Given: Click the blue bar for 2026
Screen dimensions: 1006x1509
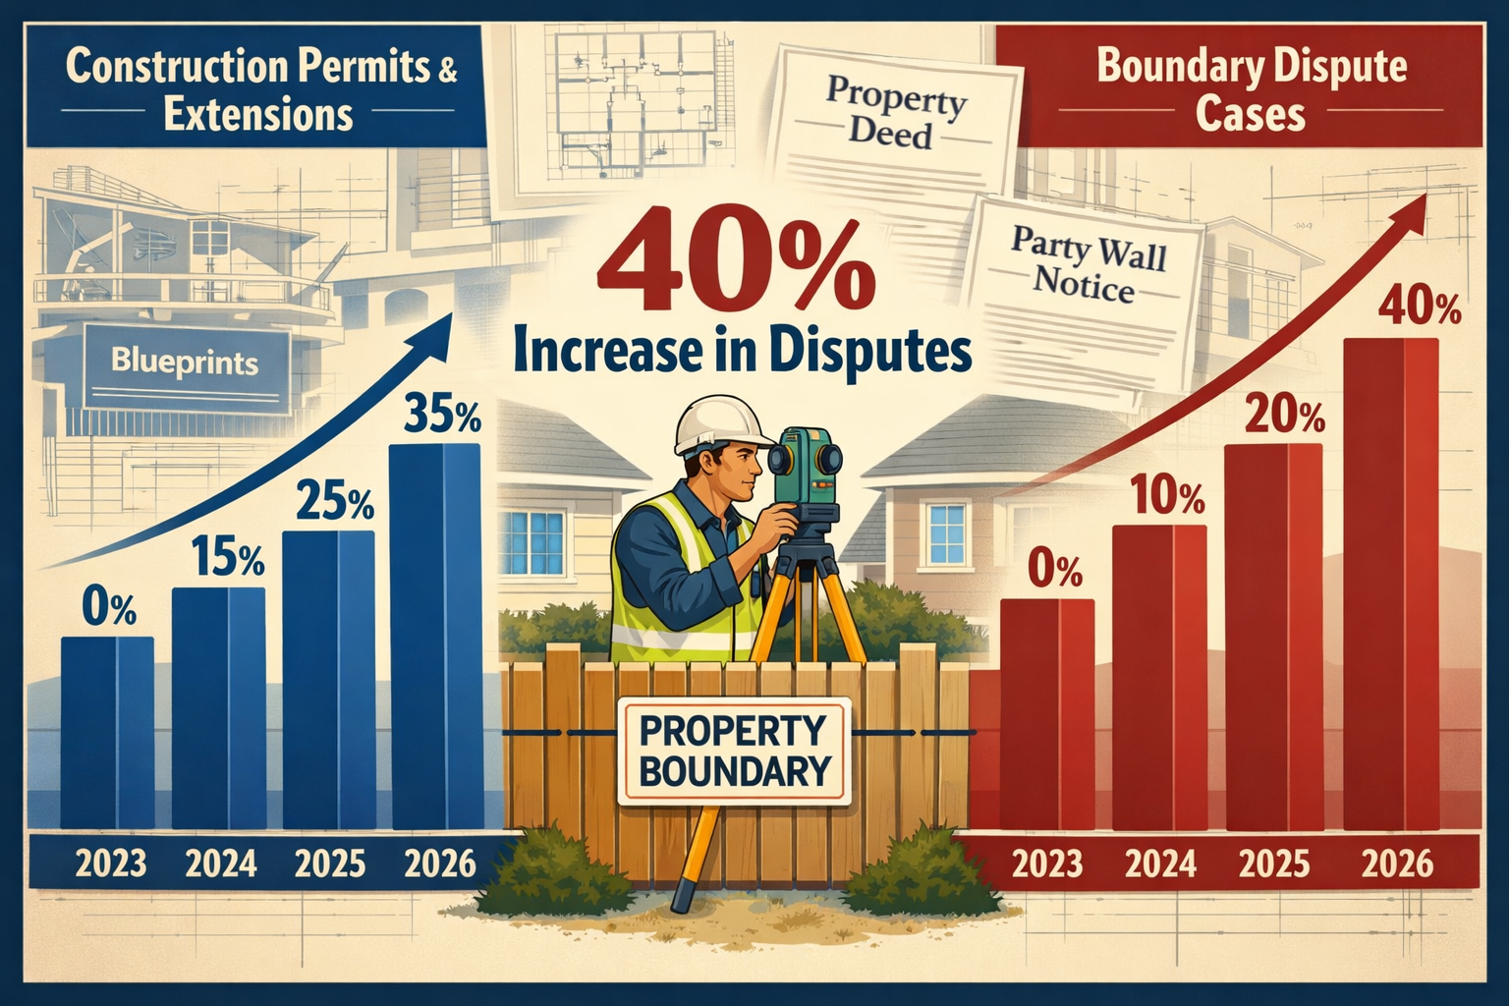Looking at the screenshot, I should pos(435,639).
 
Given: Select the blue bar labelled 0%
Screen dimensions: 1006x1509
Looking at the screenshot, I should pos(107,732).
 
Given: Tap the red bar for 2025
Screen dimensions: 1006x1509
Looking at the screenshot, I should pos(1273,639).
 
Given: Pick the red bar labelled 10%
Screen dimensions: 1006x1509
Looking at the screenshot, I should pos(1159,678).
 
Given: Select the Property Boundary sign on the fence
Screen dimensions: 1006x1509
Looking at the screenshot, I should pos(733,752).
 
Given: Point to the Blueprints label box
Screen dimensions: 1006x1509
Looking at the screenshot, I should pos(185,363).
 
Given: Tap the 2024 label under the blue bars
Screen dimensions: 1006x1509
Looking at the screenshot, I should pos(221,864).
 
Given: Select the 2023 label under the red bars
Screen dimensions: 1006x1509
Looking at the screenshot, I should pos(1046,864).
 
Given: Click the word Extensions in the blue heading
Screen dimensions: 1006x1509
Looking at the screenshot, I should pos(257,114).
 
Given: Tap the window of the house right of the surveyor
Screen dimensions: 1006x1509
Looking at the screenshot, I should pos(948,532).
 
